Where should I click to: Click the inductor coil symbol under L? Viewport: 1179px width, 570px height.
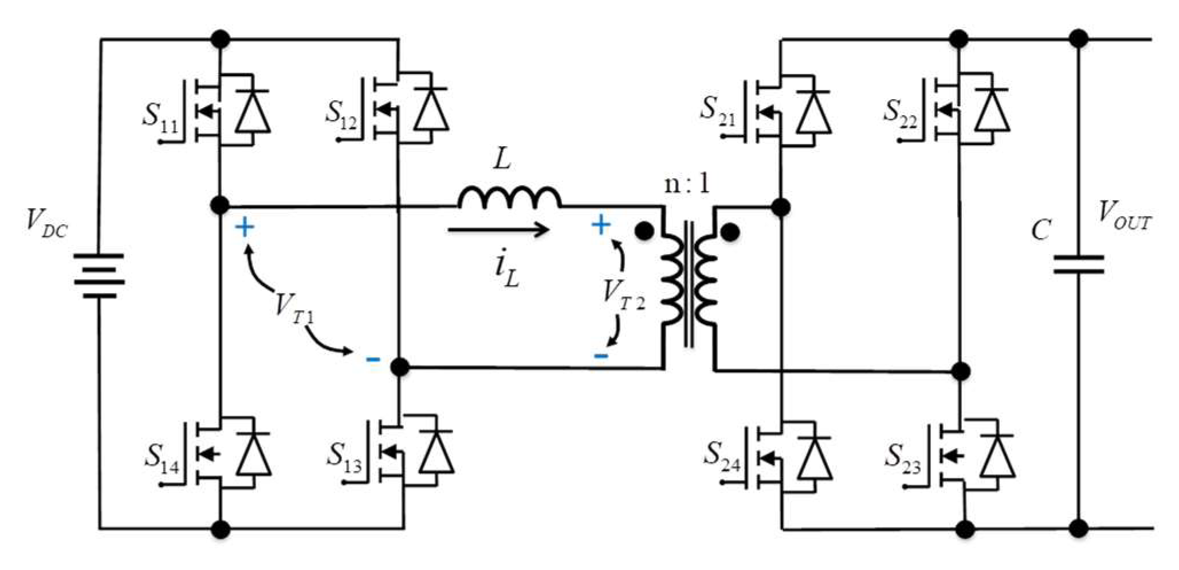[x=509, y=197]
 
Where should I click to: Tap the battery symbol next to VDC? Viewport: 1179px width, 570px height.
[x=99, y=276]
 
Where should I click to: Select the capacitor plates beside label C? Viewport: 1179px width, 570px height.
[x=1078, y=265]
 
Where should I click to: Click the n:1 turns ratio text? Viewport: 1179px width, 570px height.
[x=687, y=184]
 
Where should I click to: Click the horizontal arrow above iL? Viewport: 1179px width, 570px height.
[x=498, y=231]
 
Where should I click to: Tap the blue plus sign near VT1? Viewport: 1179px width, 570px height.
[x=245, y=228]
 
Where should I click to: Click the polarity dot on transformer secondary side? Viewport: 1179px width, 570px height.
[x=729, y=232]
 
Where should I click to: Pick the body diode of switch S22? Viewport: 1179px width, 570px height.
[x=992, y=112]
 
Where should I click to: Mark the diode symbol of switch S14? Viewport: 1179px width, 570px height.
[x=253, y=456]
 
